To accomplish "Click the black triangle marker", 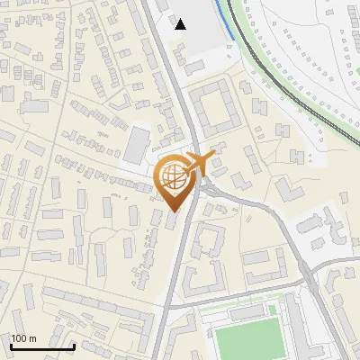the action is tap(181, 24).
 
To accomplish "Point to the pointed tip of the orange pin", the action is tap(174, 213).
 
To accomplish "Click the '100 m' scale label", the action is tap(24, 338).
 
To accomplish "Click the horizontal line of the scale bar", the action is tap(42, 346).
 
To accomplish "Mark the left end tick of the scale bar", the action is tap(11, 345).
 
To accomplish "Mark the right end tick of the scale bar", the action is tap(75, 345).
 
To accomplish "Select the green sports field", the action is tap(249, 340).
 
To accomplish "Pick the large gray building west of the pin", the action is tap(138, 145).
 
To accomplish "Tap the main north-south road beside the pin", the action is tap(181, 261).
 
